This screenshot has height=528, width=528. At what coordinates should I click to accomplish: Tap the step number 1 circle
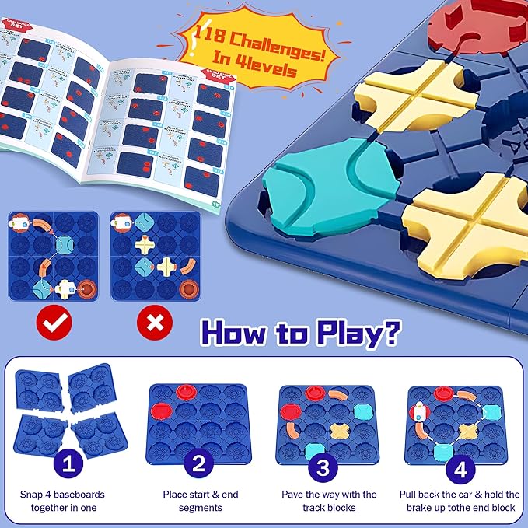[x=69, y=465]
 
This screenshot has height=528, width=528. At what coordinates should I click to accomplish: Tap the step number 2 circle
[x=198, y=465]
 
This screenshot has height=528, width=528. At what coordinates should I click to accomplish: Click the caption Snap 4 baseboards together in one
[x=69, y=501]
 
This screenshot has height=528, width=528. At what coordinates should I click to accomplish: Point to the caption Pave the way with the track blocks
[x=329, y=501]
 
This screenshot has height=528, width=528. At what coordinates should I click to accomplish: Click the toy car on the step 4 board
[x=418, y=413]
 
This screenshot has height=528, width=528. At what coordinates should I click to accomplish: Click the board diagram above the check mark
[x=52, y=257]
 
